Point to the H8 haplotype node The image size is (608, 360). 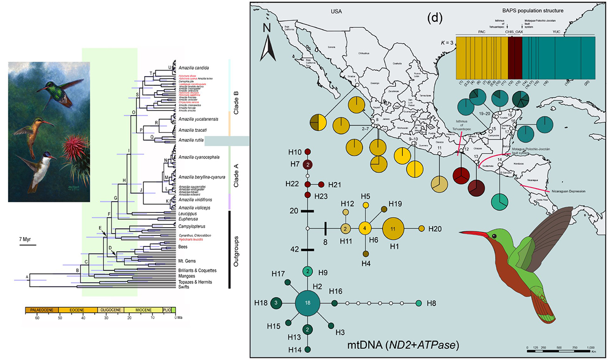click(419, 303)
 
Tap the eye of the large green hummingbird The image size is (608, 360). click(494, 236)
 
